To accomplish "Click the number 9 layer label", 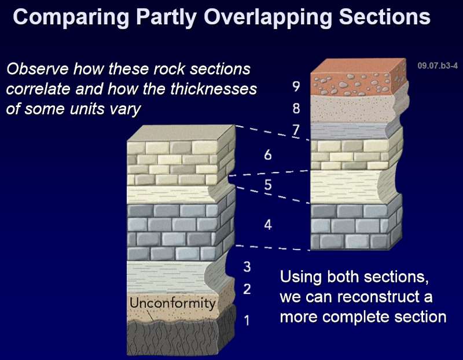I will (x=296, y=87).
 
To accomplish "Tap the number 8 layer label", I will (x=296, y=108).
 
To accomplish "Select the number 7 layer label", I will (x=296, y=130).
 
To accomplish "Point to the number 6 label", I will (x=267, y=155).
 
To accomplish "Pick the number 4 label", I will (x=267, y=225).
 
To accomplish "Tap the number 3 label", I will (x=247, y=267).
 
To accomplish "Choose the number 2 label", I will (x=247, y=289).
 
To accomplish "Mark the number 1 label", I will (x=247, y=319).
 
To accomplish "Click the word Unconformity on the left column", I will (x=172, y=303).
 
